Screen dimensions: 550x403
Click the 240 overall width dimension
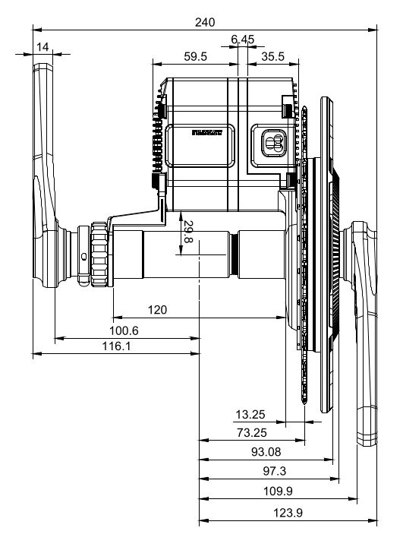(204, 22)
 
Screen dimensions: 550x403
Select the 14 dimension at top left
(43, 47)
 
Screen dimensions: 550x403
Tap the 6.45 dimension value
(244, 40)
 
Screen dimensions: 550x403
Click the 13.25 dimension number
(250, 415)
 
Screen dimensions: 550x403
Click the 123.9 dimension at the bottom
(287, 513)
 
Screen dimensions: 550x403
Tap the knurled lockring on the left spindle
(99, 254)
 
